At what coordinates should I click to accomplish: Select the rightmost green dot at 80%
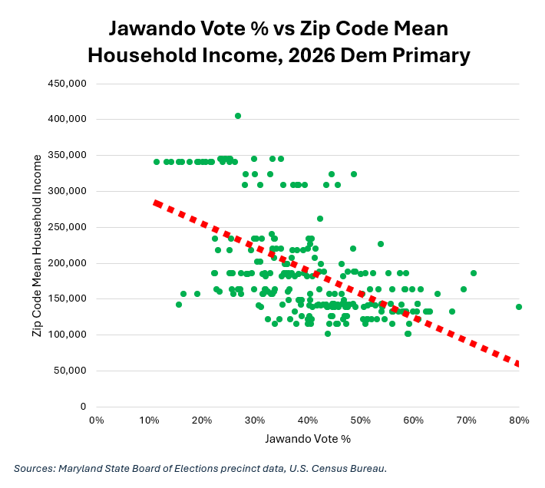pyautogui.click(x=519, y=307)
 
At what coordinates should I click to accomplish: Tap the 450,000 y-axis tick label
pyautogui.click(x=67, y=84)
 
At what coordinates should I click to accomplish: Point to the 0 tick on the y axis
pyautogui.click(x=83, y=407)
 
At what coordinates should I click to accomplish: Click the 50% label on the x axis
pyautogui.click(x=361, y=420)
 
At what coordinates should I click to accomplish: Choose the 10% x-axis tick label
pyautogui.click(x=149, y=420)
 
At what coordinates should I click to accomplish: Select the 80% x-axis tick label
pyautogui.click(x=519, y=420)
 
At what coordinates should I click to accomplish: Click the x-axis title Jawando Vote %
pyautogui.click(x=308, y=439)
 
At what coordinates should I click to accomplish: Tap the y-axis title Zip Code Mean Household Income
pyautogui.click(x=37, y=246)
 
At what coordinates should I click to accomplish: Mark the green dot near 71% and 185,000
pyautogui.click(x=474, y=273)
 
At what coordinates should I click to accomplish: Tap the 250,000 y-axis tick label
pyautogui.click(x=67, y=227)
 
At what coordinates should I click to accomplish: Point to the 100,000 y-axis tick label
pyautogui.click(x=67, y=335)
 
